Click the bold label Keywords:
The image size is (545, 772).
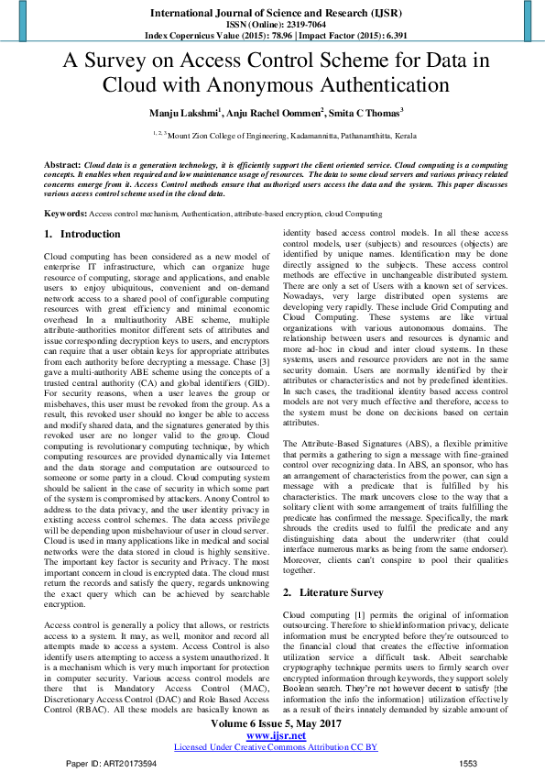[66, 213]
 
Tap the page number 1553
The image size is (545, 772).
[468, 763]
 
